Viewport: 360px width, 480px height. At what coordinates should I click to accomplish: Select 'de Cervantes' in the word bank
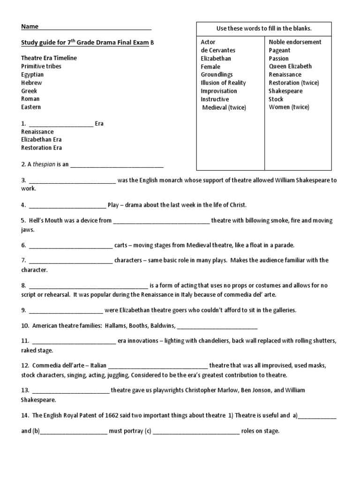click(x=218, y=50)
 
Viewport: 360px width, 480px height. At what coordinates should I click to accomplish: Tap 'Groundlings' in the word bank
click(x=217, y=75)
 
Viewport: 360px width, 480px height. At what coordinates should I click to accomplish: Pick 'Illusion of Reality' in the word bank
click(x=223, y=83)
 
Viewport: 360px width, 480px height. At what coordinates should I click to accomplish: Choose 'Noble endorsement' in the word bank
click(x=295, y=42)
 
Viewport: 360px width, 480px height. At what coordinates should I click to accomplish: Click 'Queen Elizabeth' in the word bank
click(x=290, y=67)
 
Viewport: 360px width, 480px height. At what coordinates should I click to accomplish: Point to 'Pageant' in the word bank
click(x=279, y=50)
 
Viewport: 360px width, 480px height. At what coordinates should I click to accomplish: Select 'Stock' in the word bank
click(x=276, y=99)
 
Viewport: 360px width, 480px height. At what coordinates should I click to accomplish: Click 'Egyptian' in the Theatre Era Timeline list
click(x=32, y=75)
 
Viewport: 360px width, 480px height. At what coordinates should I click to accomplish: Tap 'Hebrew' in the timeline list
click(x=31, y=83)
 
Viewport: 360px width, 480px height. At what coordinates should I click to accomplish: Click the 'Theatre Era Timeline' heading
click(x=49, y=58)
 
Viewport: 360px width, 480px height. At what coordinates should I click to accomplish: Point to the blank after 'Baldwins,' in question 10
click(x=217, y=327)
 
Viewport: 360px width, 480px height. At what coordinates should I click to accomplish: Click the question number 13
click(x=25, y=390)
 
